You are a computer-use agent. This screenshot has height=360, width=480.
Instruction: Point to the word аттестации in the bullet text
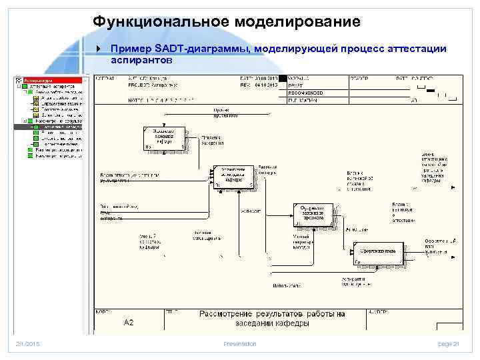tap(413, 49)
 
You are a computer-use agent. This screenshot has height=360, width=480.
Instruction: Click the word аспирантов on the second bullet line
tap(141, 59)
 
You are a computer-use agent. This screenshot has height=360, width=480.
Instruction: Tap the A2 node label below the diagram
tap(129, 322)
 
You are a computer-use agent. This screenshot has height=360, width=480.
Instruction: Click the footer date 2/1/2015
tap(28, 343)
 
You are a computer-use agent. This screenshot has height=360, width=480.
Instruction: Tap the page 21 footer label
tap(449, 343)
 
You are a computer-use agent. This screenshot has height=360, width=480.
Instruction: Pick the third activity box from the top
tap(311, 214)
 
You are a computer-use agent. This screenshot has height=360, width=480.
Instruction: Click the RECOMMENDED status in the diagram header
tap(306, 93)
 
